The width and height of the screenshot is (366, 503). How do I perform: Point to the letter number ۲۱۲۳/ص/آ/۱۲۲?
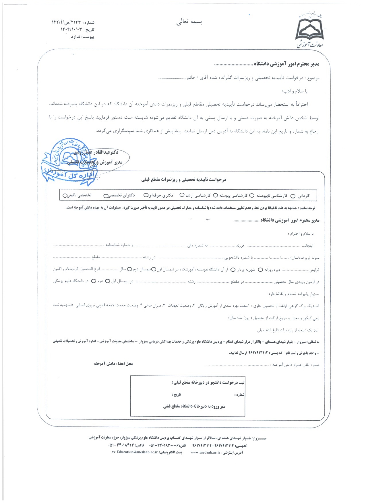pos(66,22)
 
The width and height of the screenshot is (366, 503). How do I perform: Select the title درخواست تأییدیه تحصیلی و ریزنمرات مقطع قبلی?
pos(184,180)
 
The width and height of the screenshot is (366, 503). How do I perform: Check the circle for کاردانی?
pos(293,196)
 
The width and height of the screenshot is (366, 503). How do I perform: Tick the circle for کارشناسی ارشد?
pos(182,195)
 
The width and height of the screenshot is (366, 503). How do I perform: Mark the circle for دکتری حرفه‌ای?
pos(146,196)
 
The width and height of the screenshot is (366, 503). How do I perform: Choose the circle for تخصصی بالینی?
pos(65,196)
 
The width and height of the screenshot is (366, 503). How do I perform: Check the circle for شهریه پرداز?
pos(233,270)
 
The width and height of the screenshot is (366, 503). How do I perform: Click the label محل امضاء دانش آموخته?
pos(113,364)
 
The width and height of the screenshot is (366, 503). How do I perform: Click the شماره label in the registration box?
pos(239,395)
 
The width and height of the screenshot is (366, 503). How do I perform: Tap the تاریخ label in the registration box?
pos(177,395)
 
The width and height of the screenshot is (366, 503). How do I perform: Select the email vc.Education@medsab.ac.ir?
pos(135,452)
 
